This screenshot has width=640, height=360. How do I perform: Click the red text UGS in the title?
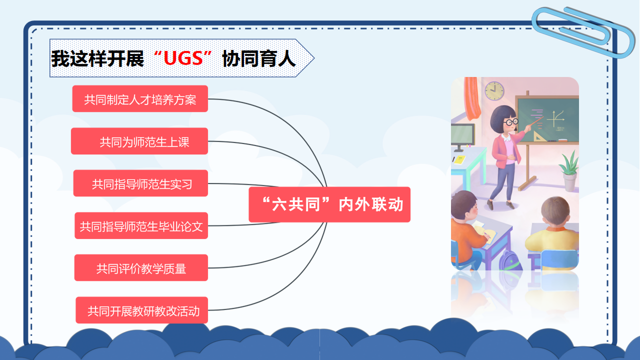[x=183, y=58]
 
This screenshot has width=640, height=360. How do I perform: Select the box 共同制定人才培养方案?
[x=140, y=98]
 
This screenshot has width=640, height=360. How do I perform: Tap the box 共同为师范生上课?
[x=139, y=141]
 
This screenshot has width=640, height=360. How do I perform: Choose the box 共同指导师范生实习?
[x=140, y=183]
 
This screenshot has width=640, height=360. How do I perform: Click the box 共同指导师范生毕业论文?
[x=141, y=225]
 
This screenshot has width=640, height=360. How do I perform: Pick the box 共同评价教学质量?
[x=141, y=267]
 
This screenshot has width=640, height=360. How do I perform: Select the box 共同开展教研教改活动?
[x=141, y=310]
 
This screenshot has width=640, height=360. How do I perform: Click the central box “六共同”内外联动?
[x=329, y=204]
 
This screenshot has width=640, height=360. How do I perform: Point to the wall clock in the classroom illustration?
[x=494, y=91]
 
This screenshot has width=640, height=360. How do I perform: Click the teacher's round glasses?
[x=510, y=122]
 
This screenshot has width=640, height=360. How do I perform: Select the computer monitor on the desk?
[x=462, y=136]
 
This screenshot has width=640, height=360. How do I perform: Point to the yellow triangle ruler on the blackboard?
[x=539, y=136]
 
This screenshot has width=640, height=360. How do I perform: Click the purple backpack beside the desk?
[x=510, y=260]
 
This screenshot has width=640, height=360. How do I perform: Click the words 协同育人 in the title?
[x=259, y=58]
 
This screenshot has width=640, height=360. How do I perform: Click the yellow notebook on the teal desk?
[x=459, y=159]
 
